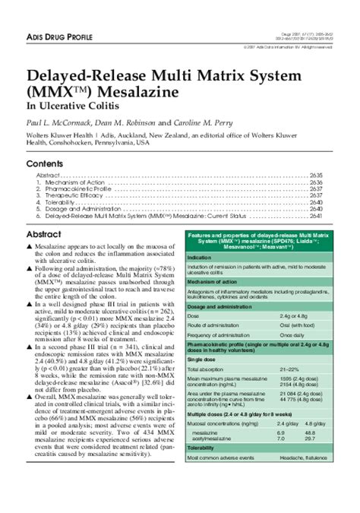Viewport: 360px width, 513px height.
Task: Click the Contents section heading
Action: point(45,164)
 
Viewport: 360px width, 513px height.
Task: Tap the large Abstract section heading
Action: point(44,235)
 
